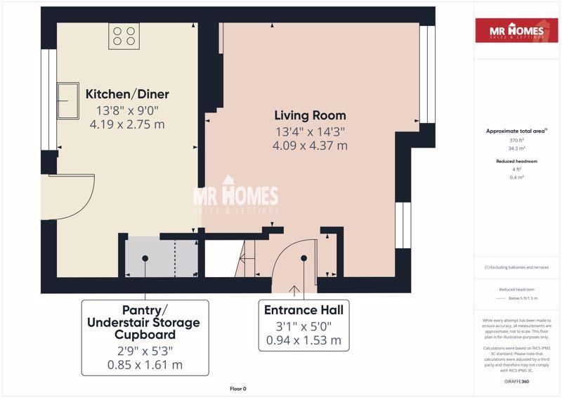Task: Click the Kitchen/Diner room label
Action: [127, 94]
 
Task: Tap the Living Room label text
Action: [310, 115]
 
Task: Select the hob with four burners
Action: [124, 36]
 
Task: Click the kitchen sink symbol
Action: [67, 101]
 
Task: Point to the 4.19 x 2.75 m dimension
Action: [127, 124]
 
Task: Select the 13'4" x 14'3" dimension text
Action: [310, 131]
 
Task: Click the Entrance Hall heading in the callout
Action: [304, 310]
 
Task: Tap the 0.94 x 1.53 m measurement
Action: [304, 340]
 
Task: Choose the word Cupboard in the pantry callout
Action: [145, 335]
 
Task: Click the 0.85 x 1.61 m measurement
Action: [145, 365]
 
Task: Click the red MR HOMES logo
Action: [517, 30]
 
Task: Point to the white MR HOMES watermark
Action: [236, 196]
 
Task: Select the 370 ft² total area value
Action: [516, 141]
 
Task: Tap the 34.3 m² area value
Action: [516, 148]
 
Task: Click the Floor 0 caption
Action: [238, 389]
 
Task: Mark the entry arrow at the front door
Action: [294, 290]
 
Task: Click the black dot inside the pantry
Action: [145, 258]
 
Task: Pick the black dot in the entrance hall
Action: [304, 258]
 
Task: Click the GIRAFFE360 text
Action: [516, 382]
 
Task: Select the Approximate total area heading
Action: [516, 131]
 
